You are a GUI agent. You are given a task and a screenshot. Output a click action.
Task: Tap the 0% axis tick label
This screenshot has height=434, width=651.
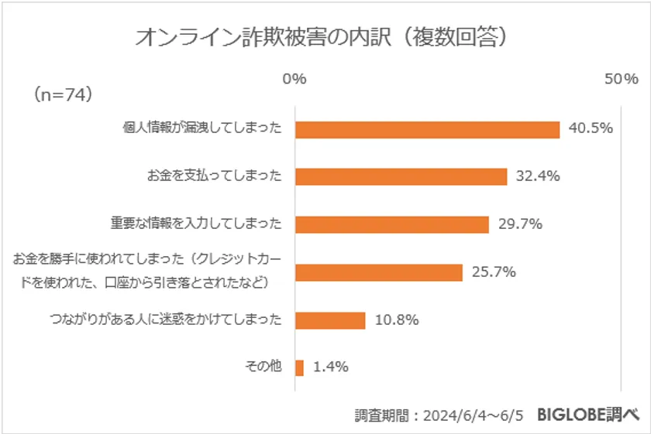click(295, 79)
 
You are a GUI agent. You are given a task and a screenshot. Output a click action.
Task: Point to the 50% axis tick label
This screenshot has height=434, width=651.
click(621, 79)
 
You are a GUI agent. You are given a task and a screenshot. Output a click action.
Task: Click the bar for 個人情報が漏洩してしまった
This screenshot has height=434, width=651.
click(427, 129)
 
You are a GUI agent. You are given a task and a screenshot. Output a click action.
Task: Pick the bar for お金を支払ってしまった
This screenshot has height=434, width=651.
click(401, 176)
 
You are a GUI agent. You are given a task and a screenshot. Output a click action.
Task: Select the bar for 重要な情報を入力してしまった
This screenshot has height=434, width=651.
click(391, 224)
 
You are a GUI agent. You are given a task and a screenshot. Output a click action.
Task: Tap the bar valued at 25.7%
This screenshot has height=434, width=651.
click(378, 272)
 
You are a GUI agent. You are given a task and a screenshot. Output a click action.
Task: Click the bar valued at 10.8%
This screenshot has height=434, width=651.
click(329, 320)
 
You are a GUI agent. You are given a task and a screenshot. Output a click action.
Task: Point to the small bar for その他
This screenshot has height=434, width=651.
click(299, 367)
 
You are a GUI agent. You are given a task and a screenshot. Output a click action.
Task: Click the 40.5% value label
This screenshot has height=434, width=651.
click(591, 128)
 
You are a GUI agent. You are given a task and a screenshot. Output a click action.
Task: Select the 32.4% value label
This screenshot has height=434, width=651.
click(538, 176)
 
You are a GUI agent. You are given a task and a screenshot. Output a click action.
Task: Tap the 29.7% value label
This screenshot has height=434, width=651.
click(519, 224)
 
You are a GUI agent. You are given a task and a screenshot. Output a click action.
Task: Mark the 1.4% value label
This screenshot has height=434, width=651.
click(330, 367)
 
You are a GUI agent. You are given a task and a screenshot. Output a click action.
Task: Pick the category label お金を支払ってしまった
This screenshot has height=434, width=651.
click(214, 176)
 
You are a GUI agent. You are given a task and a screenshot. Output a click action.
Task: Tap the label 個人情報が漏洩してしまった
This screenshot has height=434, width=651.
click(202, 129)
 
